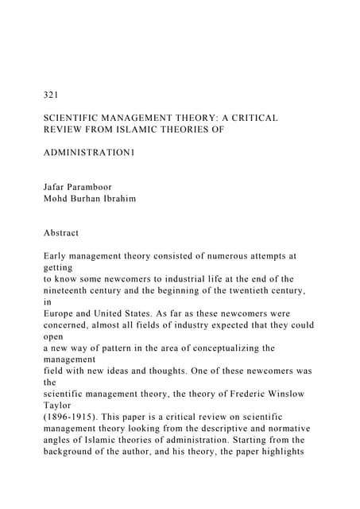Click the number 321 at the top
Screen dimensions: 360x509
(x=52, y=95)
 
